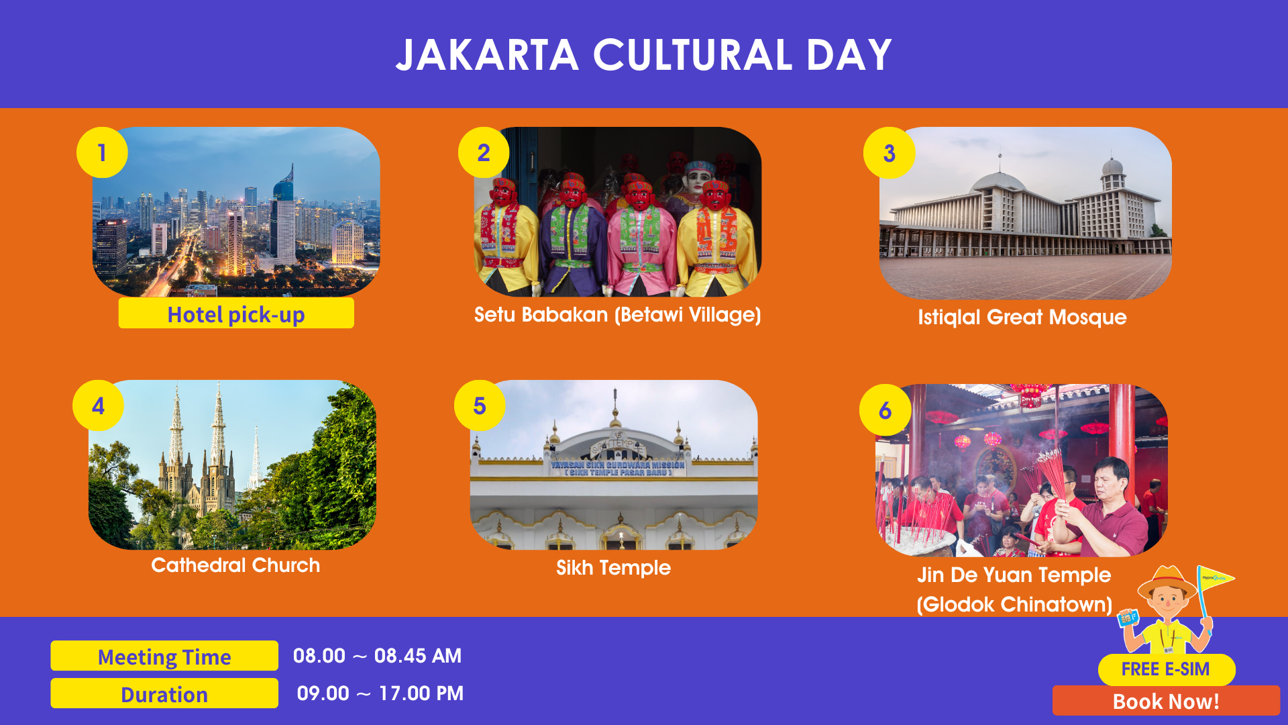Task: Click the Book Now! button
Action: pos(1166,701)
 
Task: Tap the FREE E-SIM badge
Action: pos(1166,669)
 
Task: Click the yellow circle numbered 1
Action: pos(102,152)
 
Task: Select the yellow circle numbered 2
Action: pos(484,152)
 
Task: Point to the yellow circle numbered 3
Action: pos(889,153)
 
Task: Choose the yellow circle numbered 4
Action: pos(98,405)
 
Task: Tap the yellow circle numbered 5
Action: pos(480,405)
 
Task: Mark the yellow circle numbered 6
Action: pos(885,410)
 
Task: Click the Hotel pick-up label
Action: pos(236,313)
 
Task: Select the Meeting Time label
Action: pos(164,656)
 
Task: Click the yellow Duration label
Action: pos(164,693)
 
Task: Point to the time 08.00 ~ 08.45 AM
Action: pos(377,656)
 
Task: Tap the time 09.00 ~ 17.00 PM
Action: pos(380,693)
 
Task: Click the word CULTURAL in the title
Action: pos(692,55)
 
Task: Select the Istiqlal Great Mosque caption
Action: pos(1022,317)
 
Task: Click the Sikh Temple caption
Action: pos(613,568)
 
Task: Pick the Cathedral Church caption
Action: pos(235,565)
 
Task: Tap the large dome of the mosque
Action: pos(999,181)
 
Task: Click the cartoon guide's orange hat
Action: pos(1167,581)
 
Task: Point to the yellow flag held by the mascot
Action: pos(1215,578)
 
